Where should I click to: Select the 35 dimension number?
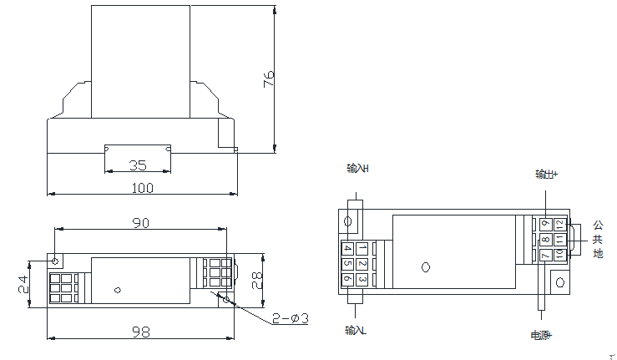138,165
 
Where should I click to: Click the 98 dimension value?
141,332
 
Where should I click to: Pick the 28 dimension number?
257,280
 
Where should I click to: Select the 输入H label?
357,169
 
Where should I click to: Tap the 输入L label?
357,331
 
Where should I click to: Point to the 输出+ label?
547,175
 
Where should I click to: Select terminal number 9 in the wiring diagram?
546,225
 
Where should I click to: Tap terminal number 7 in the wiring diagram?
546,255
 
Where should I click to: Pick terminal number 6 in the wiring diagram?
347,278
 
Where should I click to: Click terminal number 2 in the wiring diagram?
362,263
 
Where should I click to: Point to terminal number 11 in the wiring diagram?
559,240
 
